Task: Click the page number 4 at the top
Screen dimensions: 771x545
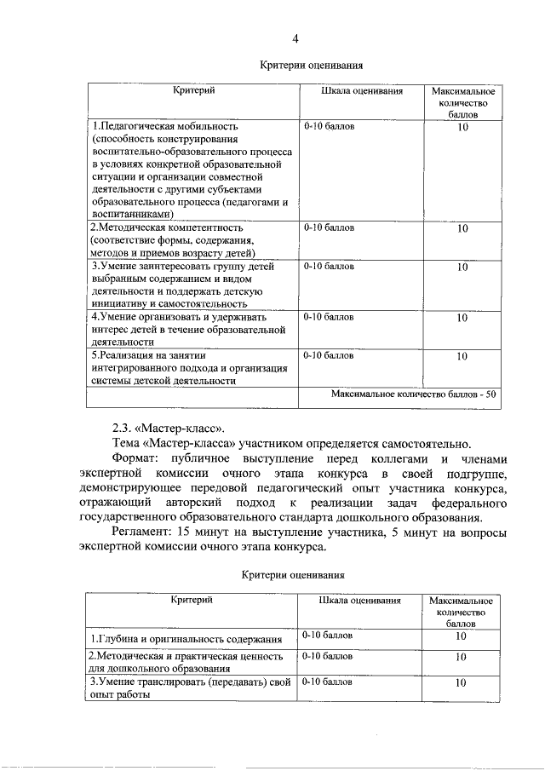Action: coord(295,37)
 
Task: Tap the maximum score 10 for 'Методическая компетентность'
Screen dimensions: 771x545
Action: coord(462,229)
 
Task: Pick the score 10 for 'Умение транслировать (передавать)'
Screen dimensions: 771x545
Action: coord(461,682)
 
